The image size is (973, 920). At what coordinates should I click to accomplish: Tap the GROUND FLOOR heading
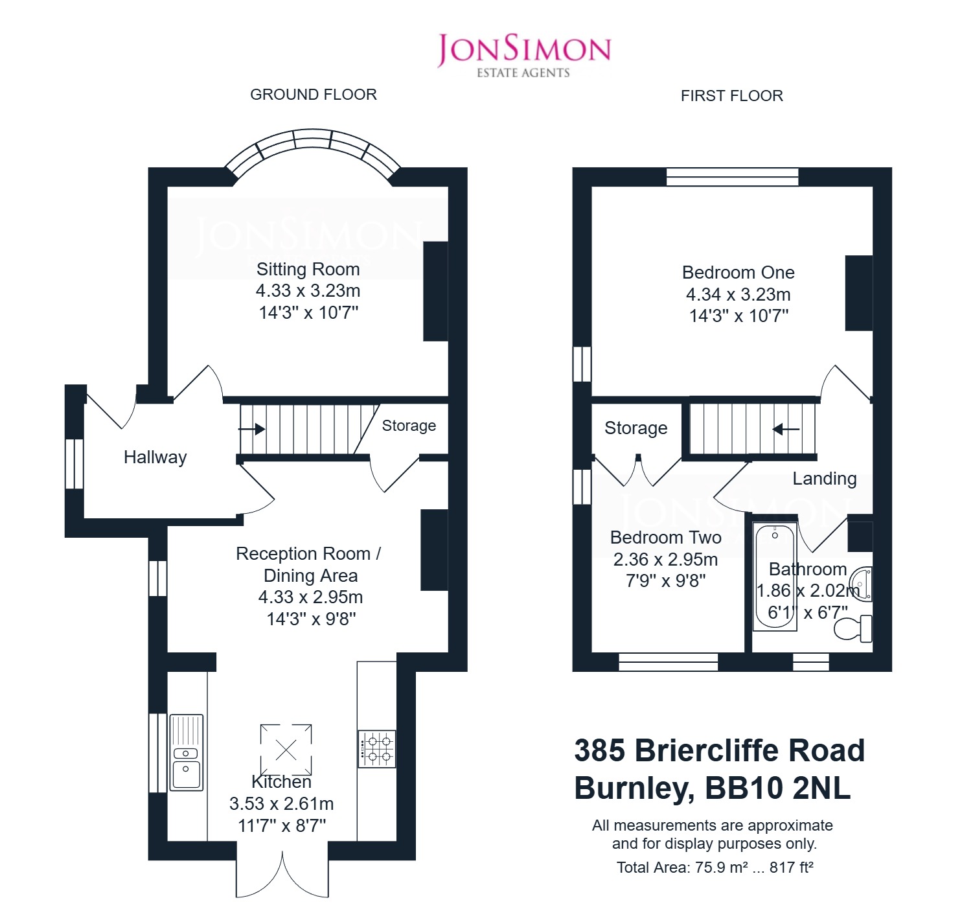pos(314,94)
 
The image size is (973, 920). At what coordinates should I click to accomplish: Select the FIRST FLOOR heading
pos(731,96)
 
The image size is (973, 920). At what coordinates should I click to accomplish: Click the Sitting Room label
pos(308,270)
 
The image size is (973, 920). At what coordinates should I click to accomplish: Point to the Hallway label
pos(155,457)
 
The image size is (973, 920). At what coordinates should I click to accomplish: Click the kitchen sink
pos(186,752)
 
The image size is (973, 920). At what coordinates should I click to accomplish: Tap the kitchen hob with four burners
pos(376,749)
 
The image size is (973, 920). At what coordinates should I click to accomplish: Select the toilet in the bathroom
pos(853,628)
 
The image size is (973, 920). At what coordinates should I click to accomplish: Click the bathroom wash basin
pos(861,584)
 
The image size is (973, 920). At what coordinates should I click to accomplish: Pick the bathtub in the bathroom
pos(775,577)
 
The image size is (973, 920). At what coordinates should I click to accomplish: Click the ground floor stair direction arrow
pos(252,429)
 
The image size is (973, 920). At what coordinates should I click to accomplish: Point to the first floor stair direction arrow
pos(786,429)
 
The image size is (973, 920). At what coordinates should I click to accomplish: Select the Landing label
pos(824,478)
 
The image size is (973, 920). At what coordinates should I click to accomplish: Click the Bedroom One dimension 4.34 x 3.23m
pos(738,295)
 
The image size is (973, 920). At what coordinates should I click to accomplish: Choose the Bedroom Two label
pos(665,537)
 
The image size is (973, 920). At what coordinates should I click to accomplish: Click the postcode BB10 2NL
pos(777,788)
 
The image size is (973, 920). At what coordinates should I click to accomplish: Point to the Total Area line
pos(715,867)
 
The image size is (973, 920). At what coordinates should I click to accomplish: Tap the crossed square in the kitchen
pos(286,750)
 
